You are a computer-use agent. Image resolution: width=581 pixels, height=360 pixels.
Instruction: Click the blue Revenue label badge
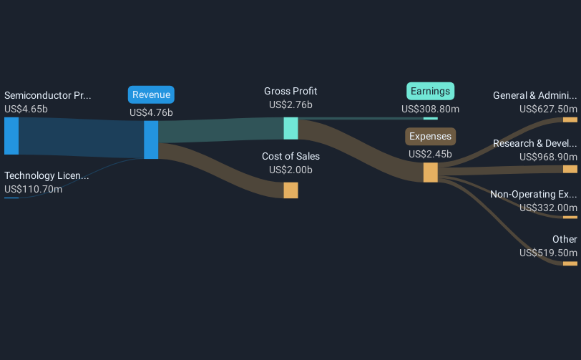[x=151, y=95]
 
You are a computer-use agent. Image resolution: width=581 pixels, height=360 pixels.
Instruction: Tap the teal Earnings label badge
[x=431, y=91]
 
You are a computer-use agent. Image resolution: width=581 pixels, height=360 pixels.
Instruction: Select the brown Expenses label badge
[x=431, y=136]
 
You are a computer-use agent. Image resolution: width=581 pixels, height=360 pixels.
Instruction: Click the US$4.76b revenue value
[x=151, y=112]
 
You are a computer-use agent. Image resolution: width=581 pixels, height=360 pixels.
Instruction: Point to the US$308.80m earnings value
[x=430, y=110]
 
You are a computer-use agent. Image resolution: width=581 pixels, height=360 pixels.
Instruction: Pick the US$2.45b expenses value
[x=430, y=154]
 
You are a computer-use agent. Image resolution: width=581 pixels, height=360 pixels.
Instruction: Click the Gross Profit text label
[x=290, y=91]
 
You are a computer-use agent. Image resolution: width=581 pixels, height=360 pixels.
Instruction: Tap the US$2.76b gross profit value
[x=290, y=104]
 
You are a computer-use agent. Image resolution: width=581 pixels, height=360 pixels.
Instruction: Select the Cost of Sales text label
[x=290, y=156]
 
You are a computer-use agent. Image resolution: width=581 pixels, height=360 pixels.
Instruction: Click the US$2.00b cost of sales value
[x=290, y=170]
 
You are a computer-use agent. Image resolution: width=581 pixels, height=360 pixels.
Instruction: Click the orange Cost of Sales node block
[x=290, y=190]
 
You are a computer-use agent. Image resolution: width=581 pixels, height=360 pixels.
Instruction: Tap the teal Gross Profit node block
[x=290, y=128]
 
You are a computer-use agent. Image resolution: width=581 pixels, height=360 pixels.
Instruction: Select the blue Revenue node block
[x=151, y=140]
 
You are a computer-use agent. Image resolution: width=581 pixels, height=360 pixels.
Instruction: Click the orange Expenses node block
[x=430, y=172]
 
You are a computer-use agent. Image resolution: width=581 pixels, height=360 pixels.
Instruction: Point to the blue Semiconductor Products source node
[x=11, y=136]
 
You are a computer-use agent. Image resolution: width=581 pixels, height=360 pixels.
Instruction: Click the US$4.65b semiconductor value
[x=26, y=110]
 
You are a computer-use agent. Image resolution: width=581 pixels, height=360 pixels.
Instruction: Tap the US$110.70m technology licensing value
[x=33, y=189]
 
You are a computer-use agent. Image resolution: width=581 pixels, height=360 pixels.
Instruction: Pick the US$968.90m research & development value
[x=548, y=157]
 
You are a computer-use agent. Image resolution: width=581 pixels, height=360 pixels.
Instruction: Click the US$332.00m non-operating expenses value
[x=548, y=208]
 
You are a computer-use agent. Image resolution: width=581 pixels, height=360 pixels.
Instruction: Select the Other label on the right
[x=565, y=239]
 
